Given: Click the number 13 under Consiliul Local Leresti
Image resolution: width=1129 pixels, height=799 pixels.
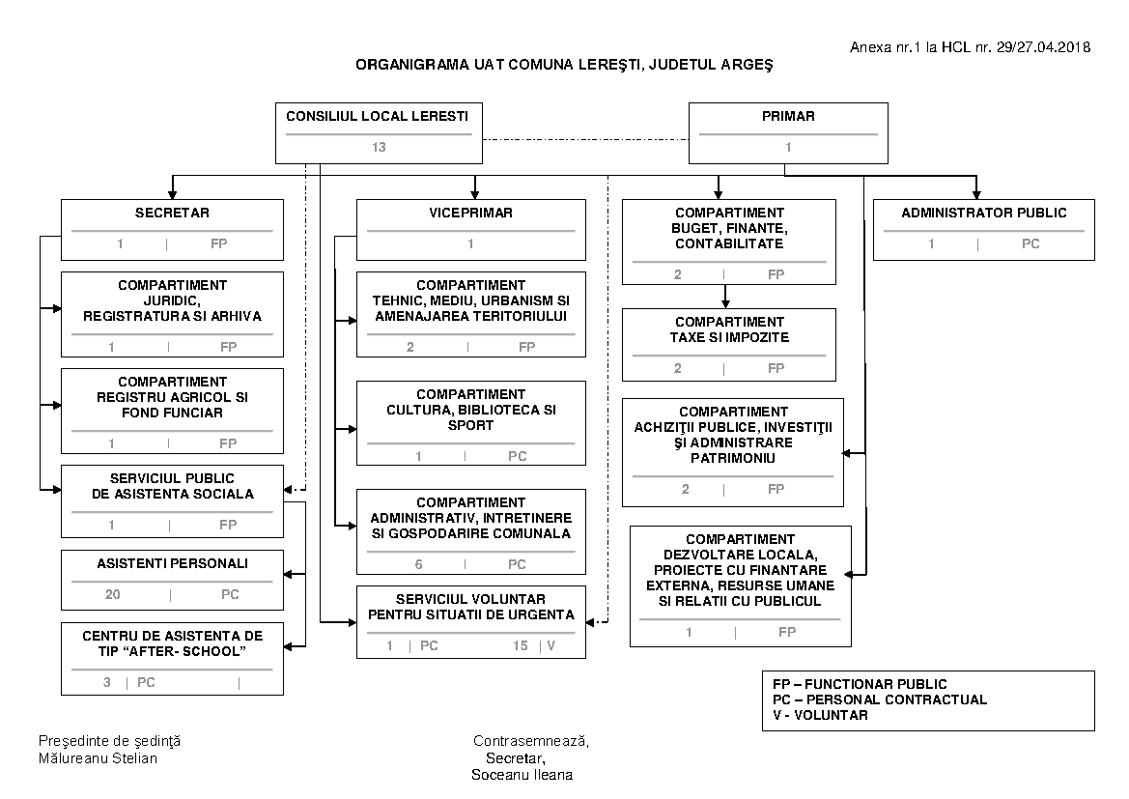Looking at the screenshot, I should click(378, 148).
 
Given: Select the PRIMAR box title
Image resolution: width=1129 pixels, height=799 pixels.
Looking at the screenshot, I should click(788, 116).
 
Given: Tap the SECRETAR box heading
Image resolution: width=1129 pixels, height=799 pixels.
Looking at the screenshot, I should click(172, 213).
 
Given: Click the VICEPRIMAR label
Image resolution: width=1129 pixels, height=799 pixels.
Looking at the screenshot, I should click(470, 213).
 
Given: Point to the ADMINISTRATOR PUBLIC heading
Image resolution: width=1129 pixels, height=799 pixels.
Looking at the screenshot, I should click(983, 213).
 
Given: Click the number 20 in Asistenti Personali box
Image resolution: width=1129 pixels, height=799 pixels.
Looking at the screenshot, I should click(113, 594).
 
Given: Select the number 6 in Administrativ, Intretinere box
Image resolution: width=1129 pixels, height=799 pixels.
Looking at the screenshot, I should click(418, 564).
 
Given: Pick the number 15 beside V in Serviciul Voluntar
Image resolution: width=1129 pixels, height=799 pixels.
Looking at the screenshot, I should click(521, 645).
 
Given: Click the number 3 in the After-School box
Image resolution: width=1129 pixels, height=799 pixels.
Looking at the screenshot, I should click(107, 682).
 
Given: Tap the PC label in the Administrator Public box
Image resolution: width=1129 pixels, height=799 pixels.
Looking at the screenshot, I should click(1030, 243).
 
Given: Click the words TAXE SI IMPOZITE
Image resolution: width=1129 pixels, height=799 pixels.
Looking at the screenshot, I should click(729, 337).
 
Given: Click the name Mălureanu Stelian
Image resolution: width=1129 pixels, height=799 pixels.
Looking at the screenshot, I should click(98, 757).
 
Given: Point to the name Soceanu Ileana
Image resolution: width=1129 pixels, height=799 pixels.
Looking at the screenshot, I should click(522, 775).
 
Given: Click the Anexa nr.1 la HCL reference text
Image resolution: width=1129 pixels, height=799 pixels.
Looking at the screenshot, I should click(970, 47).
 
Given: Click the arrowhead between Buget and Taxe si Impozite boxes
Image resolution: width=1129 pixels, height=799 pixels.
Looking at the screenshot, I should click(725, 303).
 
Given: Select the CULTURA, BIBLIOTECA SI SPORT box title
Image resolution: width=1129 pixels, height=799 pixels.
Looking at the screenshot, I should click(471, 410).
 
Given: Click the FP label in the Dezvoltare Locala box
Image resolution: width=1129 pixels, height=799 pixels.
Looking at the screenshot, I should click(787, 632).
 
